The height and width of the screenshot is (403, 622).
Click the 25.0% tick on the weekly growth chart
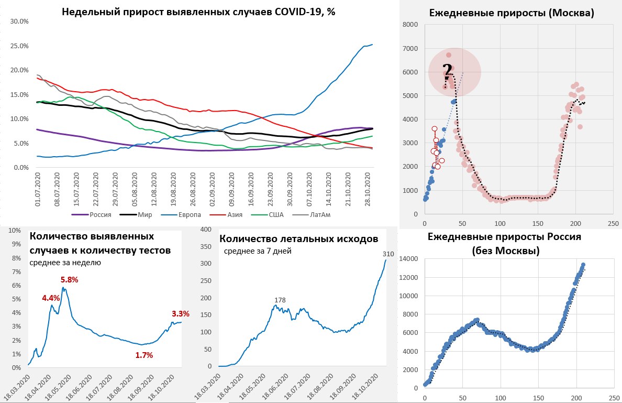[19, 46]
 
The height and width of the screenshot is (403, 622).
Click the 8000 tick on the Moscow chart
[411, 25]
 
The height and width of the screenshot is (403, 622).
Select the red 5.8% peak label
[69, 280]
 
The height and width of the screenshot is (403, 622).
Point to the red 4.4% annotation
[51, 298]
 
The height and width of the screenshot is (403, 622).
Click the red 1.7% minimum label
[144, 355]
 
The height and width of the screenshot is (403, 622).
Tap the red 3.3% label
[180, 314]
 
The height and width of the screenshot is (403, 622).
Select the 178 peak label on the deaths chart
[281, 300]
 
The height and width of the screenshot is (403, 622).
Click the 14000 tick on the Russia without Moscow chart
[408, 259]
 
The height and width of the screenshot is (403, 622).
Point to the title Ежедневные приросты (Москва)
[512, 13]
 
